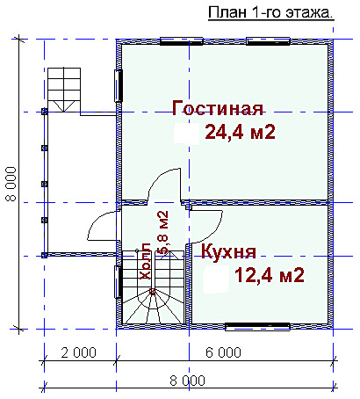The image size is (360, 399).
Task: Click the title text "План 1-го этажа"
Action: point(270,13)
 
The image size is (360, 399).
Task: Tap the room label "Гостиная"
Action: point(218,108)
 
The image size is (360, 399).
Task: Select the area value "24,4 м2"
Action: point(241,132)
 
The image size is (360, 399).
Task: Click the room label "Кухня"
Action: point(228,251)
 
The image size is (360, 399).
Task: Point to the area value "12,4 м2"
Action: point(270,275)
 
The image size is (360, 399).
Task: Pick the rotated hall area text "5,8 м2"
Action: point(162,232)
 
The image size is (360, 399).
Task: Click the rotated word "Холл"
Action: point(146,261)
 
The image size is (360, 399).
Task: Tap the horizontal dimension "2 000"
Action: point(78,352)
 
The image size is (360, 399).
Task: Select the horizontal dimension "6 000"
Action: point(223,352)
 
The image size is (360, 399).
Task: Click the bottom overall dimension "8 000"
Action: point(187,381)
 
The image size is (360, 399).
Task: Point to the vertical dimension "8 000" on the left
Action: point(11,184)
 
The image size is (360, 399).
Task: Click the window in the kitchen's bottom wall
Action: point(257,327)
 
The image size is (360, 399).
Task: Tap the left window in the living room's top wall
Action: point(182,41)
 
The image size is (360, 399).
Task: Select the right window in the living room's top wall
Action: point(268,41)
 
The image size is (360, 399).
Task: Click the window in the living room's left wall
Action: point(119,85)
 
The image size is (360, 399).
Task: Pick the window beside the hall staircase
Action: point(119,282)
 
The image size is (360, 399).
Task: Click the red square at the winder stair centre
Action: point(152,291)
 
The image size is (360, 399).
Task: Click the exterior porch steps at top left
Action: point(64,90)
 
